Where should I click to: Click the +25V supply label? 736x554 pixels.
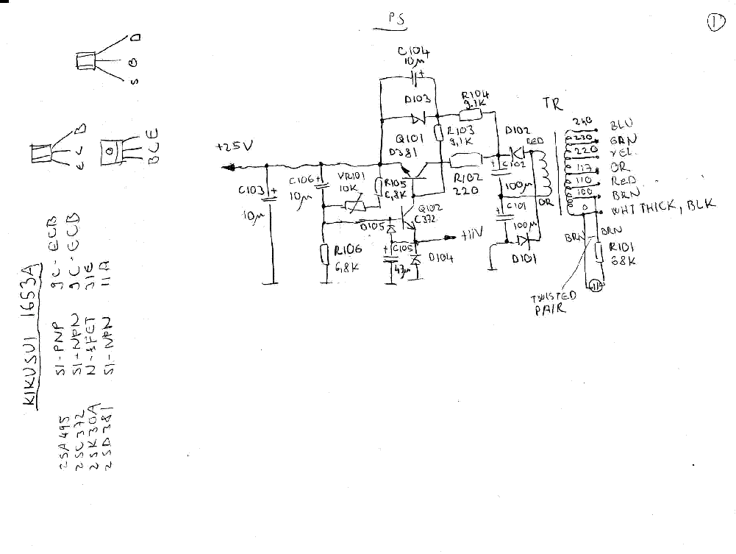point(233,147)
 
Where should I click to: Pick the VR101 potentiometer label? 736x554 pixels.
point(350,177)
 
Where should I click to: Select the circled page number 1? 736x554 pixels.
point(716,23)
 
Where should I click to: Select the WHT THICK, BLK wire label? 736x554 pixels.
point(662,208)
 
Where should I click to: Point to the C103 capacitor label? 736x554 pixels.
point(251,191)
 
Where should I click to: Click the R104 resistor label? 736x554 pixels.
point(476,96)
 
